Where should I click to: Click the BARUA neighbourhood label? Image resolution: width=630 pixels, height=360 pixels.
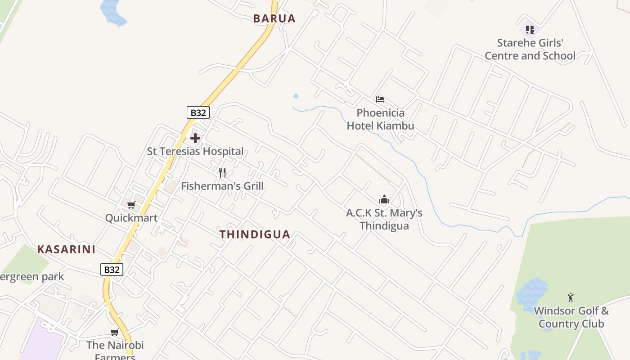pyautogui.click(x=274, y=18)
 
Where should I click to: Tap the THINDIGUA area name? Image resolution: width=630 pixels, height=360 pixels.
pyautogui.click(x=255, y=234)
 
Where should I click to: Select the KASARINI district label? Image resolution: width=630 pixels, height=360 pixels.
pyautogui.click(x=66, y=249)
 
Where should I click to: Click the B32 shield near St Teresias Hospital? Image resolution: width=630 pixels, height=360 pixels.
pyautogui.click(x=198, y=112)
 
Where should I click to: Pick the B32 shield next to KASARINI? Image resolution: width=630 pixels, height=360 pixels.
pyautogui.click(x=111, y=270)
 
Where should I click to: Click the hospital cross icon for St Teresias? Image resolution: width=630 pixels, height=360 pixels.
pyautogui.click(x=195, y=138)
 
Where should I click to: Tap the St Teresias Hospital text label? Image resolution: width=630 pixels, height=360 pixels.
pyautogui.click(x=195, y=151)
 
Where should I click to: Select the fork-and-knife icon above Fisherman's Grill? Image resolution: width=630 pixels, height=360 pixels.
pyautogui.click(x=222, y=172)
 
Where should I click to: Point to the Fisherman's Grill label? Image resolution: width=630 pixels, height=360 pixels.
pyautogui.click(x=222, y=186)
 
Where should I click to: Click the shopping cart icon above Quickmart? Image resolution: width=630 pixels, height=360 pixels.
pyautogui.click(x=131, y=205)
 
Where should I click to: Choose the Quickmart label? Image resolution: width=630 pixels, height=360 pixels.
pyautogui.click(x=131, y=218)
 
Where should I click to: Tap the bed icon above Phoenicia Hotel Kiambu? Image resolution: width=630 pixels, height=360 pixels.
pyautogui.click(x=380, y=99)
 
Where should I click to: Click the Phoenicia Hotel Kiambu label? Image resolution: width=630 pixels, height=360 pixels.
pyautogui.click(x=380, y=119)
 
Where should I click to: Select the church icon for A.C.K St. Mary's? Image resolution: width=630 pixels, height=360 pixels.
pyautogui.click(x=384, y=199)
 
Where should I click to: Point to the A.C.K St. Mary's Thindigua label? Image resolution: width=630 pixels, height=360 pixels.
pyautogui.click(x=384, y=219)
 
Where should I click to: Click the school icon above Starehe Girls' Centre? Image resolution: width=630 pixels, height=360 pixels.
pyautogui.click(x=530, y=30)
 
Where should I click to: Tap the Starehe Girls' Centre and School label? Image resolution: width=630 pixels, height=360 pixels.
pyautogui.click(x=530, y=49)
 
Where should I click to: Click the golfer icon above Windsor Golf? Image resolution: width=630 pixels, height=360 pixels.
pyautogui.click(x=571, y=297)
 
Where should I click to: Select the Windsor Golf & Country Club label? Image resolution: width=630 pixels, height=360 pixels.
pyautogui.click(x=571, y=317)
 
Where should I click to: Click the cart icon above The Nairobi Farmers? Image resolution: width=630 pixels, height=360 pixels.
pyautogui.click(x=115, y=333)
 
